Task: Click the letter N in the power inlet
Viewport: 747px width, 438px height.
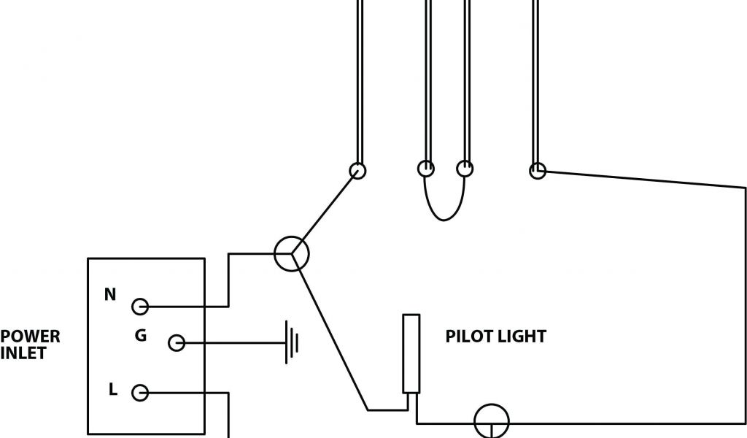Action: click(x=110, y=295)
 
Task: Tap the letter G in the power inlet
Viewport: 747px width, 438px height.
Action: click(x=141, y=336)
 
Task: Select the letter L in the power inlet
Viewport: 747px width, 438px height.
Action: click(x=113, y=390)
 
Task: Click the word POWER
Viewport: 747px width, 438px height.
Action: click(x=30, y=337)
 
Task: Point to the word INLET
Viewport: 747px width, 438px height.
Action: click(x=23, y=353)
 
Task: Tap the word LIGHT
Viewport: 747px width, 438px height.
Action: click(x=520, y=337)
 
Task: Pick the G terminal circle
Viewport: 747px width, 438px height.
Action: click(x=176, y=342)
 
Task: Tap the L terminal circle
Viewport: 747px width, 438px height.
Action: click(x=139, y=393)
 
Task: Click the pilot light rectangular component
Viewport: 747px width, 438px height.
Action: click(x=411, y=354)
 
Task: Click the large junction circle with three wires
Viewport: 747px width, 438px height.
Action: click(x=292, y=253)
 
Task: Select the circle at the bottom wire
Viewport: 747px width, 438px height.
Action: click(x=492, y=422)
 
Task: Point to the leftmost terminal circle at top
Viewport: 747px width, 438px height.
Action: click(x=357, y=170)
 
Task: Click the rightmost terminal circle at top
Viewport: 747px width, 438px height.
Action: click(x=537, y=171)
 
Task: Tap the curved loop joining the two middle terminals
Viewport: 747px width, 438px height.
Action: click(x=445, y=216)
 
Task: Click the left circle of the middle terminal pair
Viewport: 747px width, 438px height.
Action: click(x=426, y=169)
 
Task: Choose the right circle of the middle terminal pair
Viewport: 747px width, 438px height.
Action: click(x=464, y=169)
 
